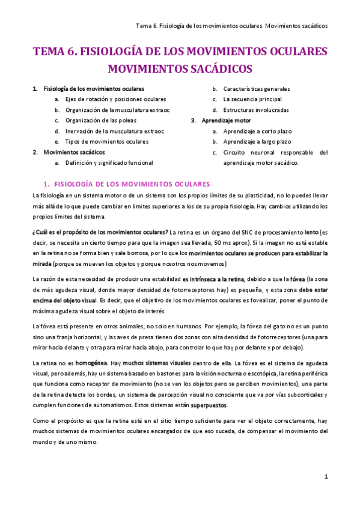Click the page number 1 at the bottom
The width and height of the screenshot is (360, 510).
click(x=326, y=476)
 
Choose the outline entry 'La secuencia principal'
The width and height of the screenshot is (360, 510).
click(x=252, y=99)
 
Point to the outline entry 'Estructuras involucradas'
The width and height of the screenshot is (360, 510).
click(x=255, y=110)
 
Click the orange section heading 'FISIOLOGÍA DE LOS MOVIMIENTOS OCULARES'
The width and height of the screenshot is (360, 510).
click(x=132, y=183)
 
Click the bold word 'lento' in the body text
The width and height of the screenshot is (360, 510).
click(x=311, y=232)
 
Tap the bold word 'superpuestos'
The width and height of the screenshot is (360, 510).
click(x=207, y=405)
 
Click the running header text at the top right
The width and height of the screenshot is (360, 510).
click(x=232, y=26)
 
